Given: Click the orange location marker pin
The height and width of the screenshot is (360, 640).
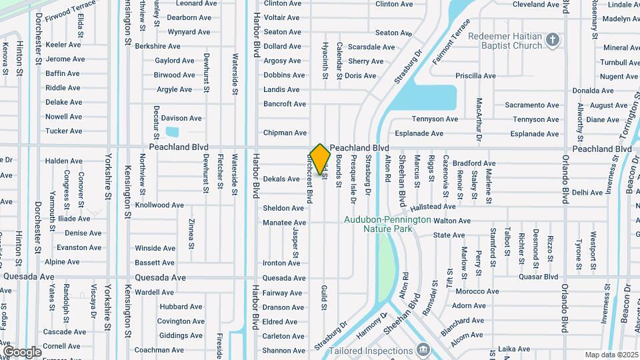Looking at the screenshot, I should tap(321, 159).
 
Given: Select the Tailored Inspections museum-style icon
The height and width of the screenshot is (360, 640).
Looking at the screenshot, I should tap(422, 349).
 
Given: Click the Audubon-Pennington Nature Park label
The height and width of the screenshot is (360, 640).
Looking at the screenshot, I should tap(378, 224).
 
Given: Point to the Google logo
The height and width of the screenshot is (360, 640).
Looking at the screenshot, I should tap(22, 351).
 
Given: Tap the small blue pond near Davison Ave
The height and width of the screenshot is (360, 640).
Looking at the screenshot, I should tap(172, 131).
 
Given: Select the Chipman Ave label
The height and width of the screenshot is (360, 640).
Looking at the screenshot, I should tap(285, 133).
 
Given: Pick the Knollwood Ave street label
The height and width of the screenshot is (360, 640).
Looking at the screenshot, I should tap(159, 205).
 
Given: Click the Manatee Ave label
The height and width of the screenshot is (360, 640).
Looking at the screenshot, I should tap(283, 223).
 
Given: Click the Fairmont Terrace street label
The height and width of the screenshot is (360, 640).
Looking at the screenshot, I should tap(450, 47).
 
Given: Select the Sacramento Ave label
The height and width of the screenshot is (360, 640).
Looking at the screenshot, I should tap(531, 105).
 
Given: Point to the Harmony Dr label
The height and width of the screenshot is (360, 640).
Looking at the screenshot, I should tap(371, 326).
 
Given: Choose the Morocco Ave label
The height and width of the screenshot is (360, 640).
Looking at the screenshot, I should tap(477, 291).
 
